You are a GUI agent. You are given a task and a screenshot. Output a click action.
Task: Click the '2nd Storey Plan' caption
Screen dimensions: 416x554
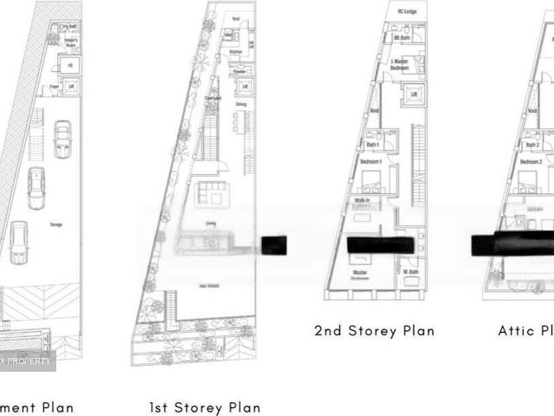click(374, 330)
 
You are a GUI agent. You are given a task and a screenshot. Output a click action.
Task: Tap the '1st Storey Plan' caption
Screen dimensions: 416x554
click(204, 407)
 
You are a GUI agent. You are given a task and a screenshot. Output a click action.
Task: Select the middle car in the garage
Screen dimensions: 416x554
click(36, 188)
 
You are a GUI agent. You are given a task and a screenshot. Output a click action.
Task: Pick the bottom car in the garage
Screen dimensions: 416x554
click(19, 242)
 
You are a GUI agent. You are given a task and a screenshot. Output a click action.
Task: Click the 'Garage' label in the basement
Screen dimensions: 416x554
click(55, 224)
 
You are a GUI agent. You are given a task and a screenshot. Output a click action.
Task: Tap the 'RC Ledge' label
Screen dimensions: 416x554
click(406, 11)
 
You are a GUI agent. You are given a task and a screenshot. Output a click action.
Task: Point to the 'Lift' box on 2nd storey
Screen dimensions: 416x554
click(414, 94)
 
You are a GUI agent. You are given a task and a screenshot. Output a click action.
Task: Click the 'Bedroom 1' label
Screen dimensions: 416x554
click(370, 162)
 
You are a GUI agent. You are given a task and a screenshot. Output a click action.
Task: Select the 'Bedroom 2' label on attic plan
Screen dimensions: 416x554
click(531, 162)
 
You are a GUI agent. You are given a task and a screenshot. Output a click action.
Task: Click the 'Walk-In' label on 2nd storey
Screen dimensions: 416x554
click(362, 200)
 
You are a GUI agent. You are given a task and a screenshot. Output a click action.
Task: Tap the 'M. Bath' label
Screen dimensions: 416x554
click(410, 273)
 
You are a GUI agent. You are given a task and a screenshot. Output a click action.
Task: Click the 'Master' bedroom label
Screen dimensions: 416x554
click(359, 274)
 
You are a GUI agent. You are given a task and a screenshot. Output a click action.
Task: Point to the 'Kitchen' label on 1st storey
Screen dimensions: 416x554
click(235, 52)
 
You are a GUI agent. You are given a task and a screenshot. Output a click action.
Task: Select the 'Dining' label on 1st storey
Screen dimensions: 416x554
click(241, 105)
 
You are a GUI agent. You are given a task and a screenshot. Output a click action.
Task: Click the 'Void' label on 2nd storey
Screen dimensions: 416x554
click(374, 112)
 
